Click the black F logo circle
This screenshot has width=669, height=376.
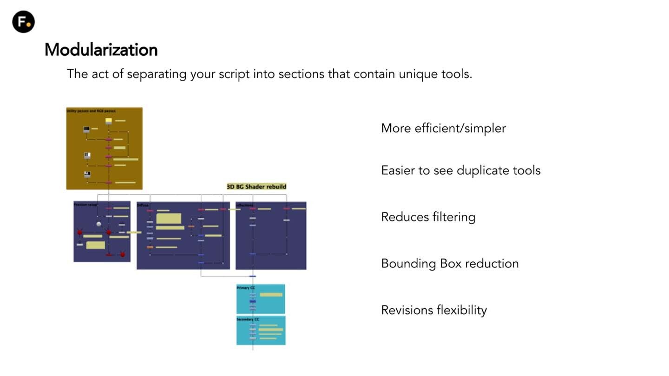tap(23, 21)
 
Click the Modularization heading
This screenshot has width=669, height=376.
tap(101, 50)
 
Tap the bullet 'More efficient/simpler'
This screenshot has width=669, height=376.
tap(443, 128)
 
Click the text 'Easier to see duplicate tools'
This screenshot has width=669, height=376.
tap(460, 170)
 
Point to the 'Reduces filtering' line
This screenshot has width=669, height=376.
tap(428, 217)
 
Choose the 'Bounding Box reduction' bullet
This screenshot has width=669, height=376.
tap(449, 263)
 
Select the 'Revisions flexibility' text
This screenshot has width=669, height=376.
tap(433, 310)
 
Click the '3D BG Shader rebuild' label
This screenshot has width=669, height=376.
tap(256, 187)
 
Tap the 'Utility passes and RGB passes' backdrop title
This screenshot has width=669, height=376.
tap(91, 111)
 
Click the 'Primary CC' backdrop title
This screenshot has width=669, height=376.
tap(246, 288)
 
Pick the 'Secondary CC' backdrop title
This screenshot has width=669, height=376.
tap(248, 320)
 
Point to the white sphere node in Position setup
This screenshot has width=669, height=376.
tap(98, 224)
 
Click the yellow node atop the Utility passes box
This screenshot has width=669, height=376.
tap(108, 121)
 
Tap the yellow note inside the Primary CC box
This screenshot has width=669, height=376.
tap(271, 295)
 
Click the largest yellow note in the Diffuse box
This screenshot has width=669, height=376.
tap(168, 218)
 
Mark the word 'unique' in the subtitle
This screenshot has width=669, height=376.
tap(416, 74)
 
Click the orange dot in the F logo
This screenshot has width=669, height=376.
tap(29, 24)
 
